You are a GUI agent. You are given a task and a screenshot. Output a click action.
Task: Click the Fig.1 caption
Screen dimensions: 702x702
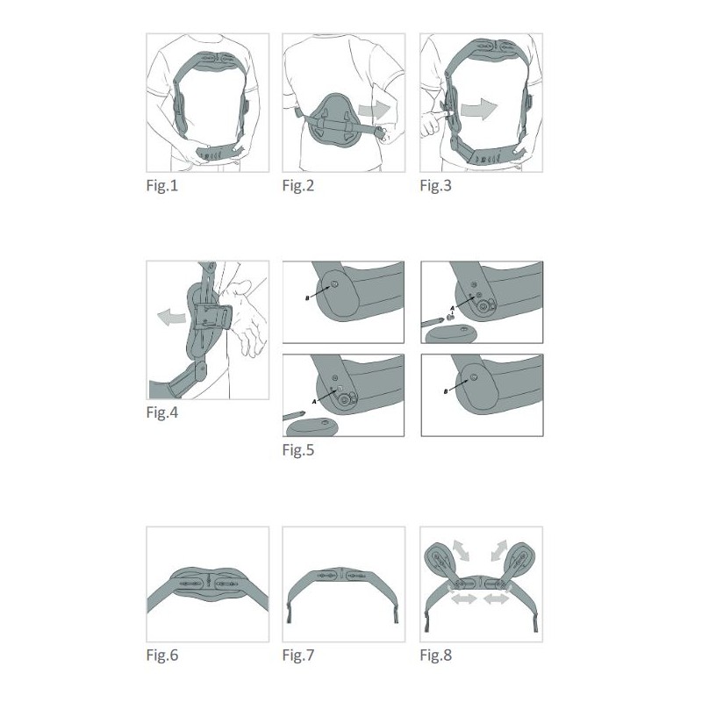[162, 185]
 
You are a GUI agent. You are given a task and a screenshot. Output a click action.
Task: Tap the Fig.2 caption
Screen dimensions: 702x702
[298, 185]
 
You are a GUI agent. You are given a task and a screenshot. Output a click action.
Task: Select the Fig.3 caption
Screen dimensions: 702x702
[435, 185]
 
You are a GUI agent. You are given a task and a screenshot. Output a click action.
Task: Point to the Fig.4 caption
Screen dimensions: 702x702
[162, 412]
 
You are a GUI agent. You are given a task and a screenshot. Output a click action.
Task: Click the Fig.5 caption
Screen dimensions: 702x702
[298, 450]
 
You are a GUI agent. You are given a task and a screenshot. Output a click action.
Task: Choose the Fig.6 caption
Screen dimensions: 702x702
[162, 655]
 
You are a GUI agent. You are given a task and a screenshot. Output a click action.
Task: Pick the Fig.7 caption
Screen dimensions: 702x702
[298, 655]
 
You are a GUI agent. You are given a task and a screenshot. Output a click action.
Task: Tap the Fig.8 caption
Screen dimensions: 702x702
[435, 655]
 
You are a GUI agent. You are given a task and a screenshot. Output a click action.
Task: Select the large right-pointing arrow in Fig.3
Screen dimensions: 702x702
[479, 109]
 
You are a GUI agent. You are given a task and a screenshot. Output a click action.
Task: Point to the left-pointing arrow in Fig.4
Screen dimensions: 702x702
[171, 317]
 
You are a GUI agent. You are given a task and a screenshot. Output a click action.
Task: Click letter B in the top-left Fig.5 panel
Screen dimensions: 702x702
[307, 298]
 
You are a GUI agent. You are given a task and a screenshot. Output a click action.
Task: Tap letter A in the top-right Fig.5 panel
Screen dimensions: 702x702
[453, 308]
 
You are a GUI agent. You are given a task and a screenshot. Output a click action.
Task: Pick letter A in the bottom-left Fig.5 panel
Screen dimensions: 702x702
[314, 402]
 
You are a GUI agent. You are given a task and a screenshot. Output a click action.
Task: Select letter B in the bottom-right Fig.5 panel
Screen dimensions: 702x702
[446, 391]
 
